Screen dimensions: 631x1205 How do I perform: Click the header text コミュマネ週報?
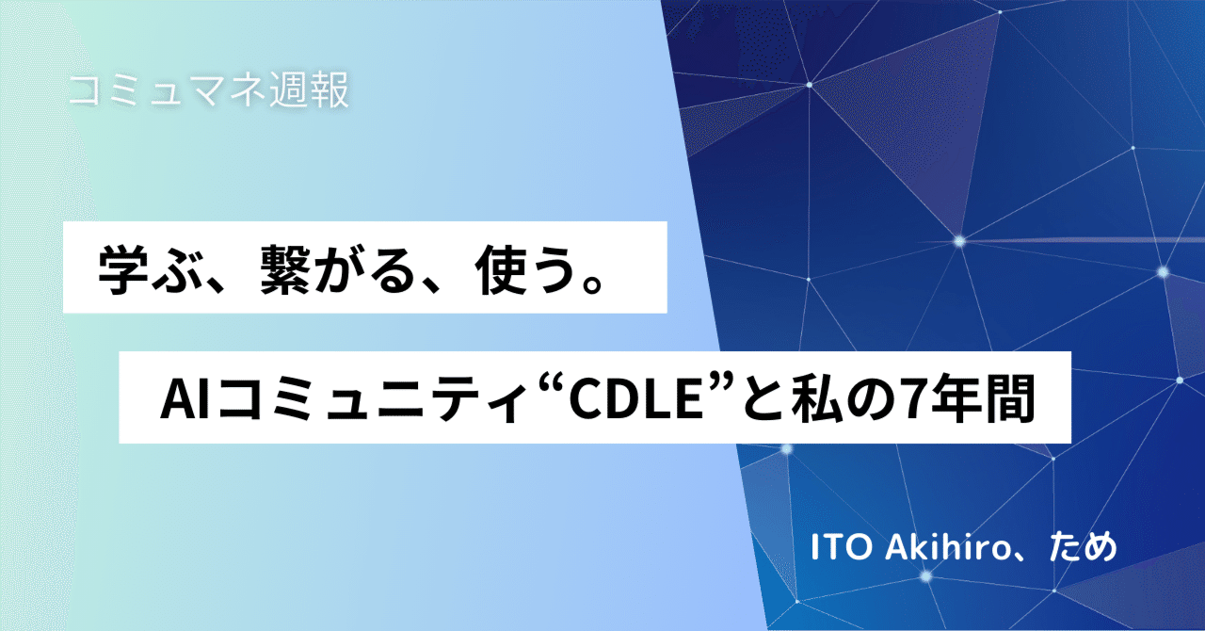pos(209,90)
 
